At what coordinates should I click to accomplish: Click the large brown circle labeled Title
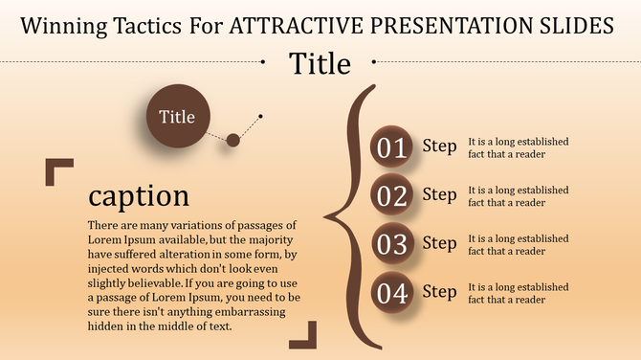pos(177,118)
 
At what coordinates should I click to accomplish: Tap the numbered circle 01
pos(391,147)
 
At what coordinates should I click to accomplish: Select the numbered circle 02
pos(391,196)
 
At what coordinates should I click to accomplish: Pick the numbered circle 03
pos(391,244)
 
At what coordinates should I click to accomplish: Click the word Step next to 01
pos(439,146)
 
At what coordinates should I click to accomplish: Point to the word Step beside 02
pos(439,195)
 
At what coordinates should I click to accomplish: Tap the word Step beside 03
pos(439,243)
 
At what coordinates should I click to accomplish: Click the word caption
pos(138,195)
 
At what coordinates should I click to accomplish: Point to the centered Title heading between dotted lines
pos(320,64)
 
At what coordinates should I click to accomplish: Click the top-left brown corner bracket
pos(57,170)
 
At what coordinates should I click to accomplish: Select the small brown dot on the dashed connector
pos(232,141)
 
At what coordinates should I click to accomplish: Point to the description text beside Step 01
pos(518,147)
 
